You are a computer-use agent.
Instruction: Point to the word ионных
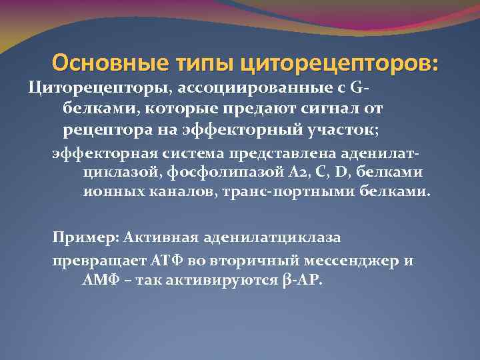coord(106,192)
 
